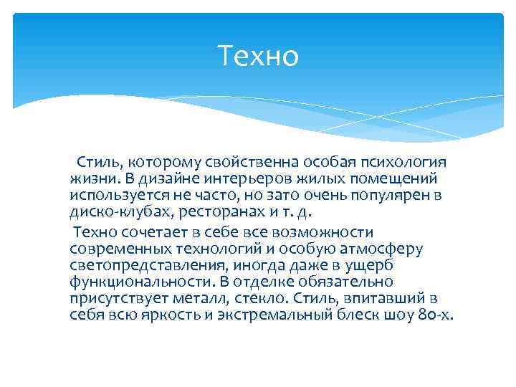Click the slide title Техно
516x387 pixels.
tap(257, 56)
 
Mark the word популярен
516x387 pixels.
tap(391, 195)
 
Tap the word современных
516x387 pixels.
tap(120, 249)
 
